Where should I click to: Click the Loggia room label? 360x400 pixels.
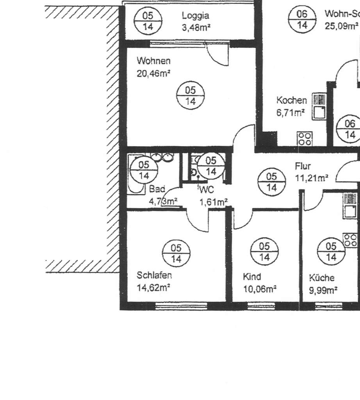(195, 16)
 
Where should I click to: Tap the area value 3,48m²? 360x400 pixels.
(197, 28)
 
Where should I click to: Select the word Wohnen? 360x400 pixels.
(153, 61)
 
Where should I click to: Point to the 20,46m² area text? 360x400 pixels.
(154, 73)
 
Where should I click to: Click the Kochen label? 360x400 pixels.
(292, 100)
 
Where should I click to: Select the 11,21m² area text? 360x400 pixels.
(311, 179)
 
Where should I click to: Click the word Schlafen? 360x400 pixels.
(154, 276)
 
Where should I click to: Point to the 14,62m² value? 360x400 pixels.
(153, 288)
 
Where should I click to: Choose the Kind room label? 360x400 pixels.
(252, 277)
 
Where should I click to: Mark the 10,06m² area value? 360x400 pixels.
(260, 289)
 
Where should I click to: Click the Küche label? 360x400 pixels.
(322, 278)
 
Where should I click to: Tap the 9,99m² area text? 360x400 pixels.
(323, 290)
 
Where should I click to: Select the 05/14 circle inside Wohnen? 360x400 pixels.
(190, 96)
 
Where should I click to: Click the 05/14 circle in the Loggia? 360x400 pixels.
(148, 21)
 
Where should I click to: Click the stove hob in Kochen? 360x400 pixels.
(305, 138)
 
